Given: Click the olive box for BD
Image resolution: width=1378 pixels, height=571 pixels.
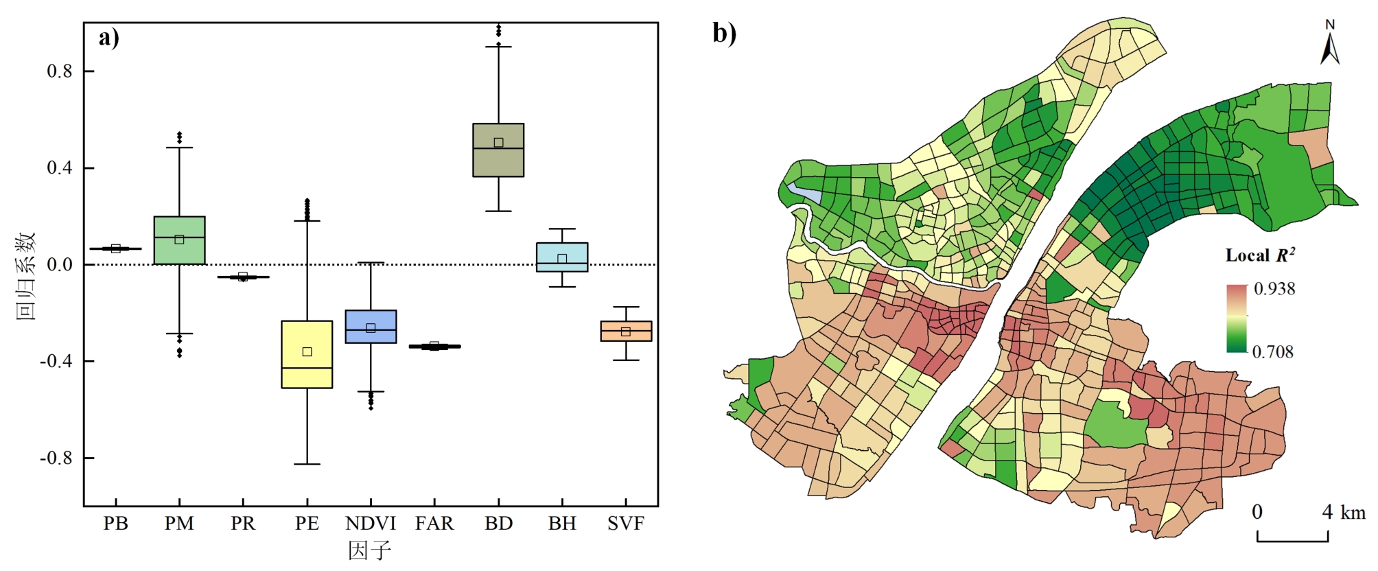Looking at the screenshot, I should click(x=498, y=150).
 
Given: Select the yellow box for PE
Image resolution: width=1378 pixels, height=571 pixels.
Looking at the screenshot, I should click(x=307, y=354).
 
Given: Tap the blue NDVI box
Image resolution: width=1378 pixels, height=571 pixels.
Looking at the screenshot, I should click(x=371, y=327).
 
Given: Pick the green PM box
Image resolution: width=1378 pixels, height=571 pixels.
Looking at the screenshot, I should click(x=179, y=240).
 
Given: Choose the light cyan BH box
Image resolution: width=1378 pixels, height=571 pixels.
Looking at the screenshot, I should click(x=562, y=257).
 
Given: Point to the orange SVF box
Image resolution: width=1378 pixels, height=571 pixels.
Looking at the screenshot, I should click(x=626, y=331).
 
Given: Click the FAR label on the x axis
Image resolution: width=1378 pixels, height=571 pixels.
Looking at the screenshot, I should click(x=434, y=524).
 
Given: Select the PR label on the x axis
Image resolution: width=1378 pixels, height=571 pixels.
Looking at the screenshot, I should click(x=243, y=524).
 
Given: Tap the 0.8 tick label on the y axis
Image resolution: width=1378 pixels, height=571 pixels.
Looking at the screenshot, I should click(x=59, y=71).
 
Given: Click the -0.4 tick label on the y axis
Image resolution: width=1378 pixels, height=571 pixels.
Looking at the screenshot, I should click(x=56, y=362).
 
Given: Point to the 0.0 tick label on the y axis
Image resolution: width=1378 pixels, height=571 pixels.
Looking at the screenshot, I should click(x=59, y=265).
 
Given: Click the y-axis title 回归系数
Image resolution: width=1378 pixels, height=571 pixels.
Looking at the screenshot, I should click(x=26, y=276).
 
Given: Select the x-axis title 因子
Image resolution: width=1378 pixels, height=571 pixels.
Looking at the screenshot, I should click(x=369, y=550).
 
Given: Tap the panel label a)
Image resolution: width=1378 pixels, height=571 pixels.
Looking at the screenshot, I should click(x=108, y=37).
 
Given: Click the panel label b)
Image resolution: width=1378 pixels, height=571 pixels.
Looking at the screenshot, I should click(x=724, y=32).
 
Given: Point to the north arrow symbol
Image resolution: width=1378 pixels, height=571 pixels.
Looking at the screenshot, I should click(x=1330, y=45).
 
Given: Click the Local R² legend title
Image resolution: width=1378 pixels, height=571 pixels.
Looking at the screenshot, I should click(x=1260, y=255).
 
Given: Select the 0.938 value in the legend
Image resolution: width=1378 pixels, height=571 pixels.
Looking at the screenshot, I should click(x=1274, y=289).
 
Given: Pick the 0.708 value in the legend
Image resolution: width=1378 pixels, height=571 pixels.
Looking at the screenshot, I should click(x=1272, y=352).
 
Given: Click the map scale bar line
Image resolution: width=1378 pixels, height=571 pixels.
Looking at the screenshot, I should click(x=1292, y=541).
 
